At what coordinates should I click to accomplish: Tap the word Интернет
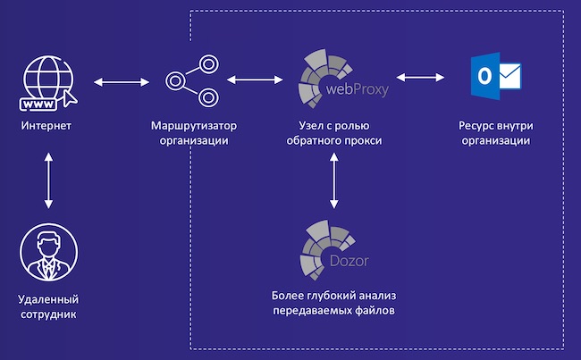tap(46, 126)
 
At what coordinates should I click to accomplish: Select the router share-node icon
tap(192, 80)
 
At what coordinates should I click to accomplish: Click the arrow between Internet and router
tap(119, 81)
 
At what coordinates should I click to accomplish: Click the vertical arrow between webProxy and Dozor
tap(334, 180)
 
